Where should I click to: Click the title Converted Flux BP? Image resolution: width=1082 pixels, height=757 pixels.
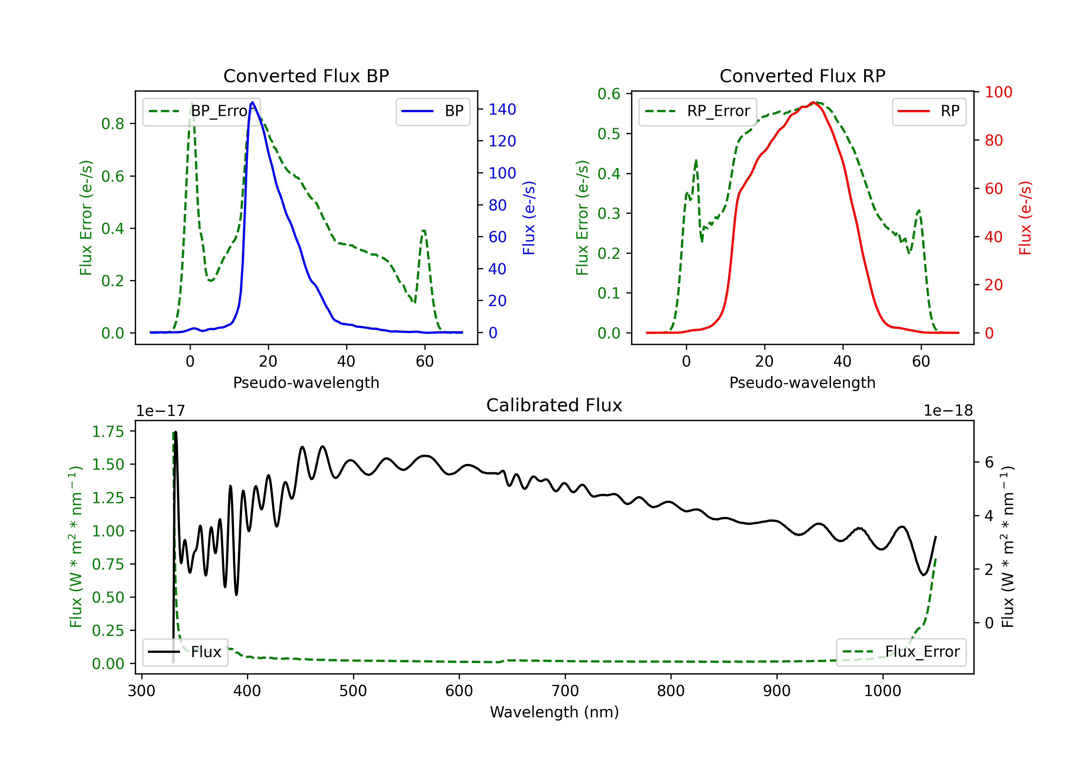point(306,76)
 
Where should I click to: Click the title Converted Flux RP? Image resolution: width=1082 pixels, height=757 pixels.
point(802,76)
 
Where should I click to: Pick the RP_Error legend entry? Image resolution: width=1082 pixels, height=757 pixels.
point(698,111)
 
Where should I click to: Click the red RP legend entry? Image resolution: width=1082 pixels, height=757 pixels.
point(929,111)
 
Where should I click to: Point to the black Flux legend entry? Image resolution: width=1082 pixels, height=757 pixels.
point(185,652)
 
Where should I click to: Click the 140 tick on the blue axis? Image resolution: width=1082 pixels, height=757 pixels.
point(502,109)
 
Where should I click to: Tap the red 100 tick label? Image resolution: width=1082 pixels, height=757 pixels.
point(998,92)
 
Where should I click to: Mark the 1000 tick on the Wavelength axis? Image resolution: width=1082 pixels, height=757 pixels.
point(882,691)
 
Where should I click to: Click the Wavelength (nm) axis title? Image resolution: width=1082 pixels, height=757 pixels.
point(554,712)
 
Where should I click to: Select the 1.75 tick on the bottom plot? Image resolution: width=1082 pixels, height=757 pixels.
point(107,431)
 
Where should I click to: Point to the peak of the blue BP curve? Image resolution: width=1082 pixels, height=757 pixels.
point(252,102)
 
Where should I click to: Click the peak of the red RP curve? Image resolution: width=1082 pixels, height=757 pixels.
point(813,102)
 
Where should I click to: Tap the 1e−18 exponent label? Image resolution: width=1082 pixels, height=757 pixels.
point(948,411)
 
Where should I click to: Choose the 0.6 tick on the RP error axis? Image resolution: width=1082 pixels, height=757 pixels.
point(609,94)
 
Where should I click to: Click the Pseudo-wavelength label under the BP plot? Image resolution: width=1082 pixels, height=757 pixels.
point(306,382)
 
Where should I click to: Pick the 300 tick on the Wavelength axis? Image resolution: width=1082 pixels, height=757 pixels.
point(141,691)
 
